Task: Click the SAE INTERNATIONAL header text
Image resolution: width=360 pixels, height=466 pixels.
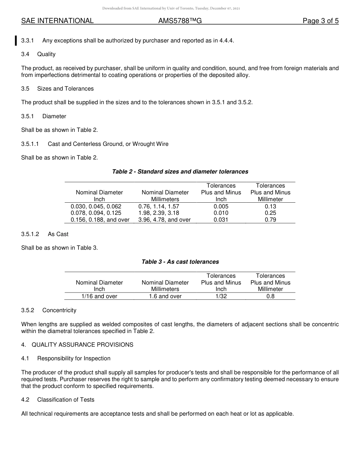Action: [x=57, y=21]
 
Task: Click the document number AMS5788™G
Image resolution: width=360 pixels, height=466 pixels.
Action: [x=180, y=21]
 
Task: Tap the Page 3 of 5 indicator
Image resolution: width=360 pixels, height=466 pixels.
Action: [x=320, y=21]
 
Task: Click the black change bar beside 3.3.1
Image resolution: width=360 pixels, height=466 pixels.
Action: [x=16, y=40]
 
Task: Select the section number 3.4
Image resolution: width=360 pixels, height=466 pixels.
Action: [x=25, y=54]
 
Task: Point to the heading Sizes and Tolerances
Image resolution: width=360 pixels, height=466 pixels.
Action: [x=65, y=89]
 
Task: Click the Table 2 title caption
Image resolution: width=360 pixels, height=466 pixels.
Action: [x=180, y=172]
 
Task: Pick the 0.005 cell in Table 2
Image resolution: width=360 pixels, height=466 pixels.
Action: [x=221, y=206]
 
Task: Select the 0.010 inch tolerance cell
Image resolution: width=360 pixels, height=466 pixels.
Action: [x=221, y=213]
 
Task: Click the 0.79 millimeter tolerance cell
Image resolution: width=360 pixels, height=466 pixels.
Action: [x=270, y=220]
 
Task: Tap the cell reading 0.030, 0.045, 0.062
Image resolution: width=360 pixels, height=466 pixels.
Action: [x=96, y=206]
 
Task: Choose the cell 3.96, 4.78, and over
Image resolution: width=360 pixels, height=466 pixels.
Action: [x=164, y=220]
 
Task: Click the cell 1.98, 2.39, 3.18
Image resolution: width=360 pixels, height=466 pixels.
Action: [x=159, y=213]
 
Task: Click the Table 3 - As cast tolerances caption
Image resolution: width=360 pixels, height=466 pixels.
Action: [x=180, y=262]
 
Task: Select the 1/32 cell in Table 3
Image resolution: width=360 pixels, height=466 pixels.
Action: [x=221, y=296]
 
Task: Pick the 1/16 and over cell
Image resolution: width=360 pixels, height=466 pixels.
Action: [x=99, y=296]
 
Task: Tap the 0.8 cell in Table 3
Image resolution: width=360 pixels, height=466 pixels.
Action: [x=270, y=296]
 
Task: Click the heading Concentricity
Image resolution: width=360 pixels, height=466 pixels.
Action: [x=59, y=310]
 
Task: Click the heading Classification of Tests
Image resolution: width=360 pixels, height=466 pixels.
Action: [x=66, y=400]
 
